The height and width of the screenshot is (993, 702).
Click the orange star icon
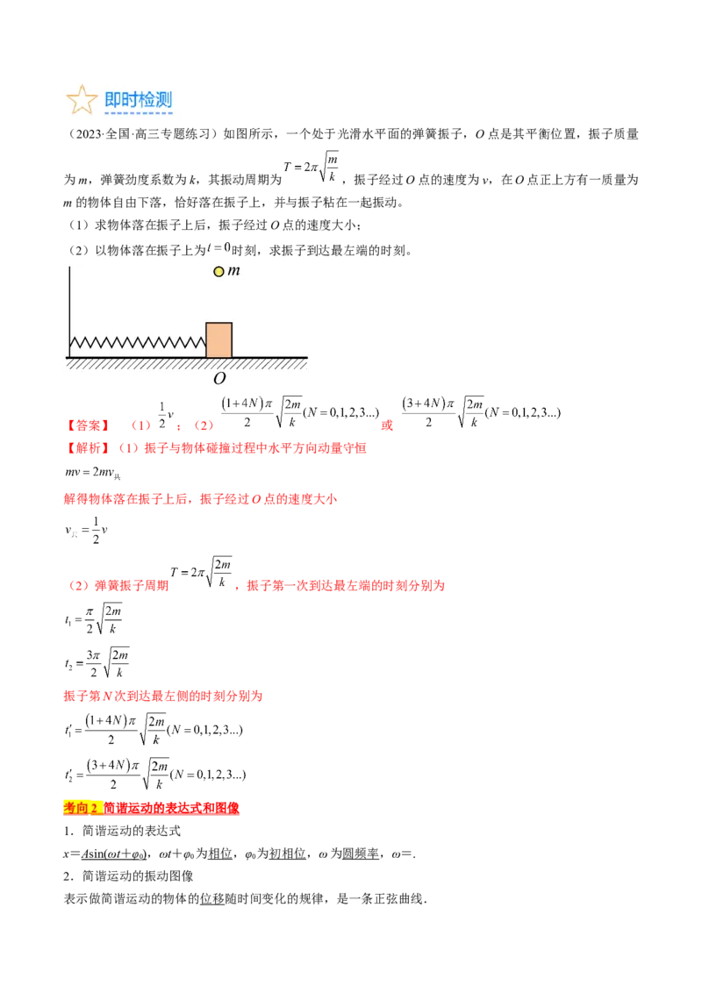[x=82, y=99]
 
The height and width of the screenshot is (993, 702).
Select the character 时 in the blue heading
[x=132, y=99]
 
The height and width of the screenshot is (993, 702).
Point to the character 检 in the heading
[x=148, y=99]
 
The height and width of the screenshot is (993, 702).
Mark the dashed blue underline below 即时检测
[x=139, y=113]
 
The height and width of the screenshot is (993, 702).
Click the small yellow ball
[x=218, y=271]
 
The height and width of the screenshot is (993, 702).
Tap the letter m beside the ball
[x=233, y=271]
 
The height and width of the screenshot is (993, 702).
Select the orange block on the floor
[x=218, y=340]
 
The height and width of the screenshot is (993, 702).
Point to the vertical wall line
[x=69, y=307]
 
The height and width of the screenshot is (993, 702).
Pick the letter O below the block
[x=219, y=379]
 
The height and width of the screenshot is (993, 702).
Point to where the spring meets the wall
[x=71, y=343]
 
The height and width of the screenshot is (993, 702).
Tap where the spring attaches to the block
[x=205, y=342]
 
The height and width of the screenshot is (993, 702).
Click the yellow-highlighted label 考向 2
[x=83, y=808]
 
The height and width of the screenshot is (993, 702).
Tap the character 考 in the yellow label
[x=70, y=808]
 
